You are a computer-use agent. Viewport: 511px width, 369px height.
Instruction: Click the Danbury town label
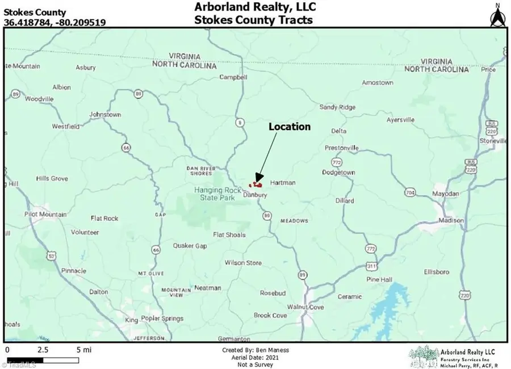point(254,195)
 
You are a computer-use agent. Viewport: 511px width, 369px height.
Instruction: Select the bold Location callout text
point(290,127)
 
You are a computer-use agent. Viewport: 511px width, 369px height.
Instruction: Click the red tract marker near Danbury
point(257,184)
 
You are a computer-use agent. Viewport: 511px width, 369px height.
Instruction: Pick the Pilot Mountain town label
point(45,215)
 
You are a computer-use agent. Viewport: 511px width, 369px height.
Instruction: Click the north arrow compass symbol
point(496,15)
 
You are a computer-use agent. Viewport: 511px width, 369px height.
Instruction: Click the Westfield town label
point(65,127)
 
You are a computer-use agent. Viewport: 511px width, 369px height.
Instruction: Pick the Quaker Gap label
point(190,246)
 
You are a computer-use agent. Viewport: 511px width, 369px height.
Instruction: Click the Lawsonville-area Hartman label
point(283,183)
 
